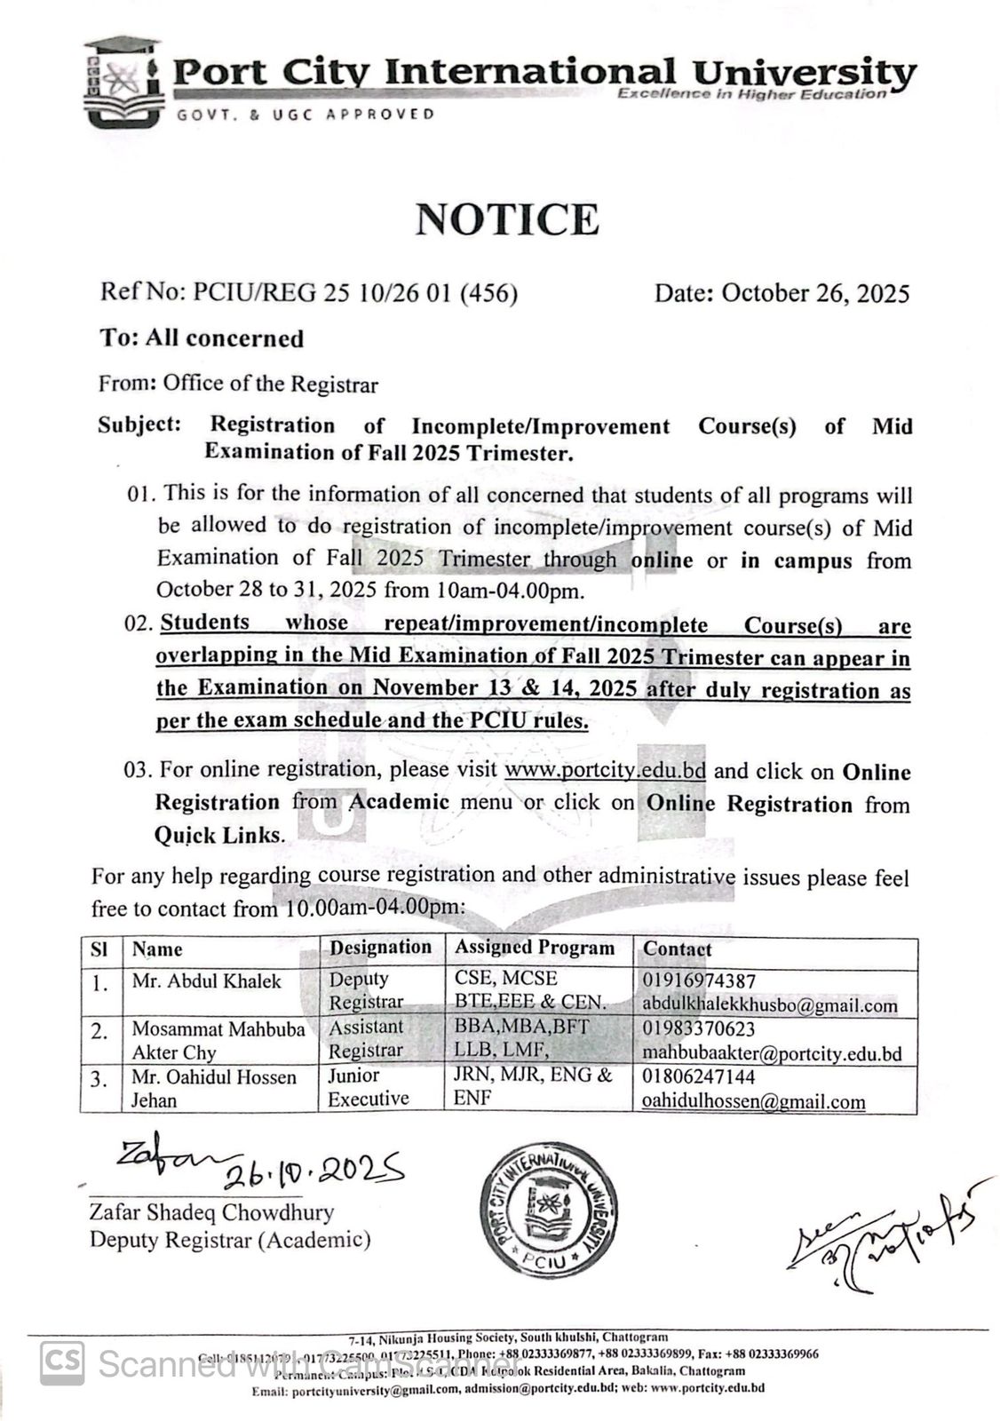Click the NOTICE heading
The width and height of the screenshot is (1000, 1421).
[507, 219]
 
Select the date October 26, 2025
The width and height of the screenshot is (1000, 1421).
[782, 293]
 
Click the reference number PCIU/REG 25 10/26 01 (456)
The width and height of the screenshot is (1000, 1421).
[308, 293]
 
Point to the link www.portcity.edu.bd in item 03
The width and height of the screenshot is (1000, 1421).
[605, 770]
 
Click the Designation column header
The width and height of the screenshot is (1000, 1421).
[380, 948]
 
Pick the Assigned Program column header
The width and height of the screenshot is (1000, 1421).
[535, 948]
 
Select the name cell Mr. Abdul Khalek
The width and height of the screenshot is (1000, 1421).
[206, 980]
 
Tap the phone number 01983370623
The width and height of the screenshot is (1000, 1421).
[698, 1028]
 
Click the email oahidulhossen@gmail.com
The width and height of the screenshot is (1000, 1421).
[753, 1101]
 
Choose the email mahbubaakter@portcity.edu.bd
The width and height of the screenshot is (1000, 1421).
[772, 1054]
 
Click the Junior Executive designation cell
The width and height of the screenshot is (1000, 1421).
[369, 1088]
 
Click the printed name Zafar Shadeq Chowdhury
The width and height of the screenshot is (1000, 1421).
[211, 1212]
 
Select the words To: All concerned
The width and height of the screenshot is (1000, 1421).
[202, 338]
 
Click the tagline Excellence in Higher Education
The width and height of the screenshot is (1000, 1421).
[751, 93]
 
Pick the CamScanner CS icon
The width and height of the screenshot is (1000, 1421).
[62, 1362]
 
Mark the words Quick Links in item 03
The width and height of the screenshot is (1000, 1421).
[218, 835]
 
